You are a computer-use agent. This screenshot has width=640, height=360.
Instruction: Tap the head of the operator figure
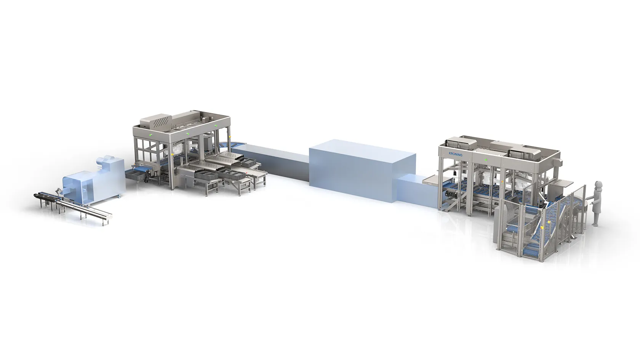pyautogui.click(x=598, y=185)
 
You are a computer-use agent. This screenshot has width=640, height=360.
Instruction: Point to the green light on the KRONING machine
pyautogui.click(x=485, y=160)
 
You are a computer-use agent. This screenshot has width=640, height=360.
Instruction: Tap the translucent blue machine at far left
pyautogui.click(x=94, y=177)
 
